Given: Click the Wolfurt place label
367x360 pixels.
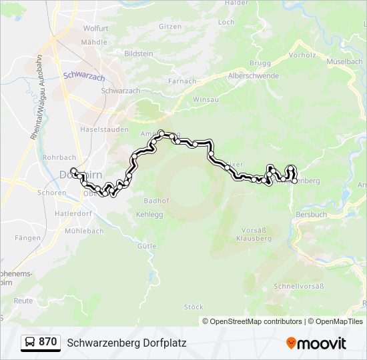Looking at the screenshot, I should click(96, 29).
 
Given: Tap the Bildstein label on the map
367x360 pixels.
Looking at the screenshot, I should click(139, 53).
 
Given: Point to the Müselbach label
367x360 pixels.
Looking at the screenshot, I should click(345, 61).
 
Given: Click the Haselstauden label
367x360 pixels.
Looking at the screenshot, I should click(103, 129).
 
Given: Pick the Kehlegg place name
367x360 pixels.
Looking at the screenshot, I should click(150, 215).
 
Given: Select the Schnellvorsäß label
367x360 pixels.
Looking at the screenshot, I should click(298, 287).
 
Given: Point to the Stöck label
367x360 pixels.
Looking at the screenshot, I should click(194, 307).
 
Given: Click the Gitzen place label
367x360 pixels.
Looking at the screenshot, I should click(170, 27).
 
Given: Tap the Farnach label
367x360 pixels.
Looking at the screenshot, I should click(183, 81).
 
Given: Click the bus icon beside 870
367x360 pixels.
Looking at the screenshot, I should click(29, 343).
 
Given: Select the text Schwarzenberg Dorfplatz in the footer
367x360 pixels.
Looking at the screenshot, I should click(127, 343).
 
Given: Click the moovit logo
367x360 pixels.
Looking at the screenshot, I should click(316, 343).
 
